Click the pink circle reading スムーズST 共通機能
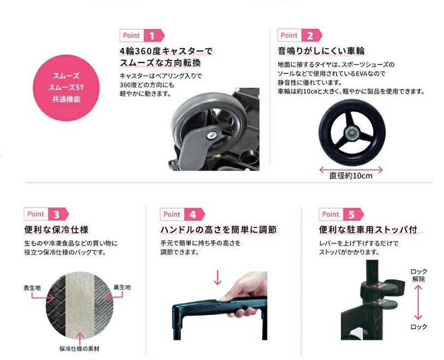[x=66, y=88]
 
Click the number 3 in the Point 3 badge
[x=56, y=214]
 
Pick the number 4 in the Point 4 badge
[x=192, y=214]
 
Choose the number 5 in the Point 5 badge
[x=352, y=214]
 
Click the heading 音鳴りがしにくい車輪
[x=321, y=51]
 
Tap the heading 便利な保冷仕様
[x=57, y=229]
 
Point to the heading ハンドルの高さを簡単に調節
[x=219, y=229]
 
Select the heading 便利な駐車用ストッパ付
[x=368, y=229]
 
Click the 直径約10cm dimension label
[x=351, y=176]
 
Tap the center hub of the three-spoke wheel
[x=351, y=132]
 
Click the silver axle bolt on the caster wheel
[x=211, y=135]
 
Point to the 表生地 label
[x=32, y=288]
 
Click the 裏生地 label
[x=122, y=287]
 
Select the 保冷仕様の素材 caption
[x=80, y=349]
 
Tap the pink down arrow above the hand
[x=218, y=277]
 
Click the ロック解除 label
[x=419, y=275]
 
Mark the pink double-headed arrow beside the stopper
[x=418, y=302]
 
